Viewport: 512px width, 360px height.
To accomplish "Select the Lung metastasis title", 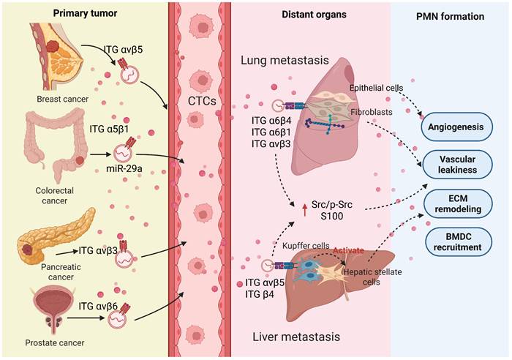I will coord(303,61).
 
